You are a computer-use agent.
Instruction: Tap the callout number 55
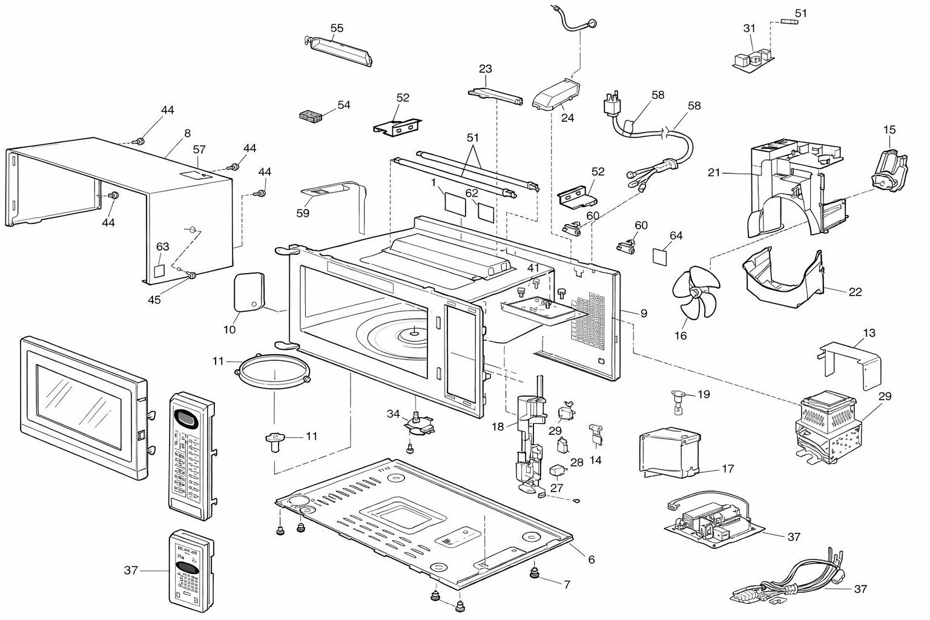click(337, 28)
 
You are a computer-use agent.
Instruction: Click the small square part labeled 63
click(159, 271)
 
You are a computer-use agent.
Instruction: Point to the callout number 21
click(714, 173)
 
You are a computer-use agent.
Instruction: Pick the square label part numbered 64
click(659, 257)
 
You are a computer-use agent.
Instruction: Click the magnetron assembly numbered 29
click(827, 427)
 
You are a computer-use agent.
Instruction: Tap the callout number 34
click(393, 414)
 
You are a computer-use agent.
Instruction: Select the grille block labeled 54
click(311, 116)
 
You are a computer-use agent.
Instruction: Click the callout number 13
click(869, 333)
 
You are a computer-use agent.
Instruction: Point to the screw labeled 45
click(191, 274)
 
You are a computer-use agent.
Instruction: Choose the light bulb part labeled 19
click(678, 401)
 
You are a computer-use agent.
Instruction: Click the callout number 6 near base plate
click(592, 560)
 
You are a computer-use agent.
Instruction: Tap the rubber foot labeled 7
click(535, 573)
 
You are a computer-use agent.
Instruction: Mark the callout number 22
click(856, 292)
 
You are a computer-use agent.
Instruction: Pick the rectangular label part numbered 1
click(455, 203)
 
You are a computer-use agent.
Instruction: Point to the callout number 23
click(486, 69)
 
